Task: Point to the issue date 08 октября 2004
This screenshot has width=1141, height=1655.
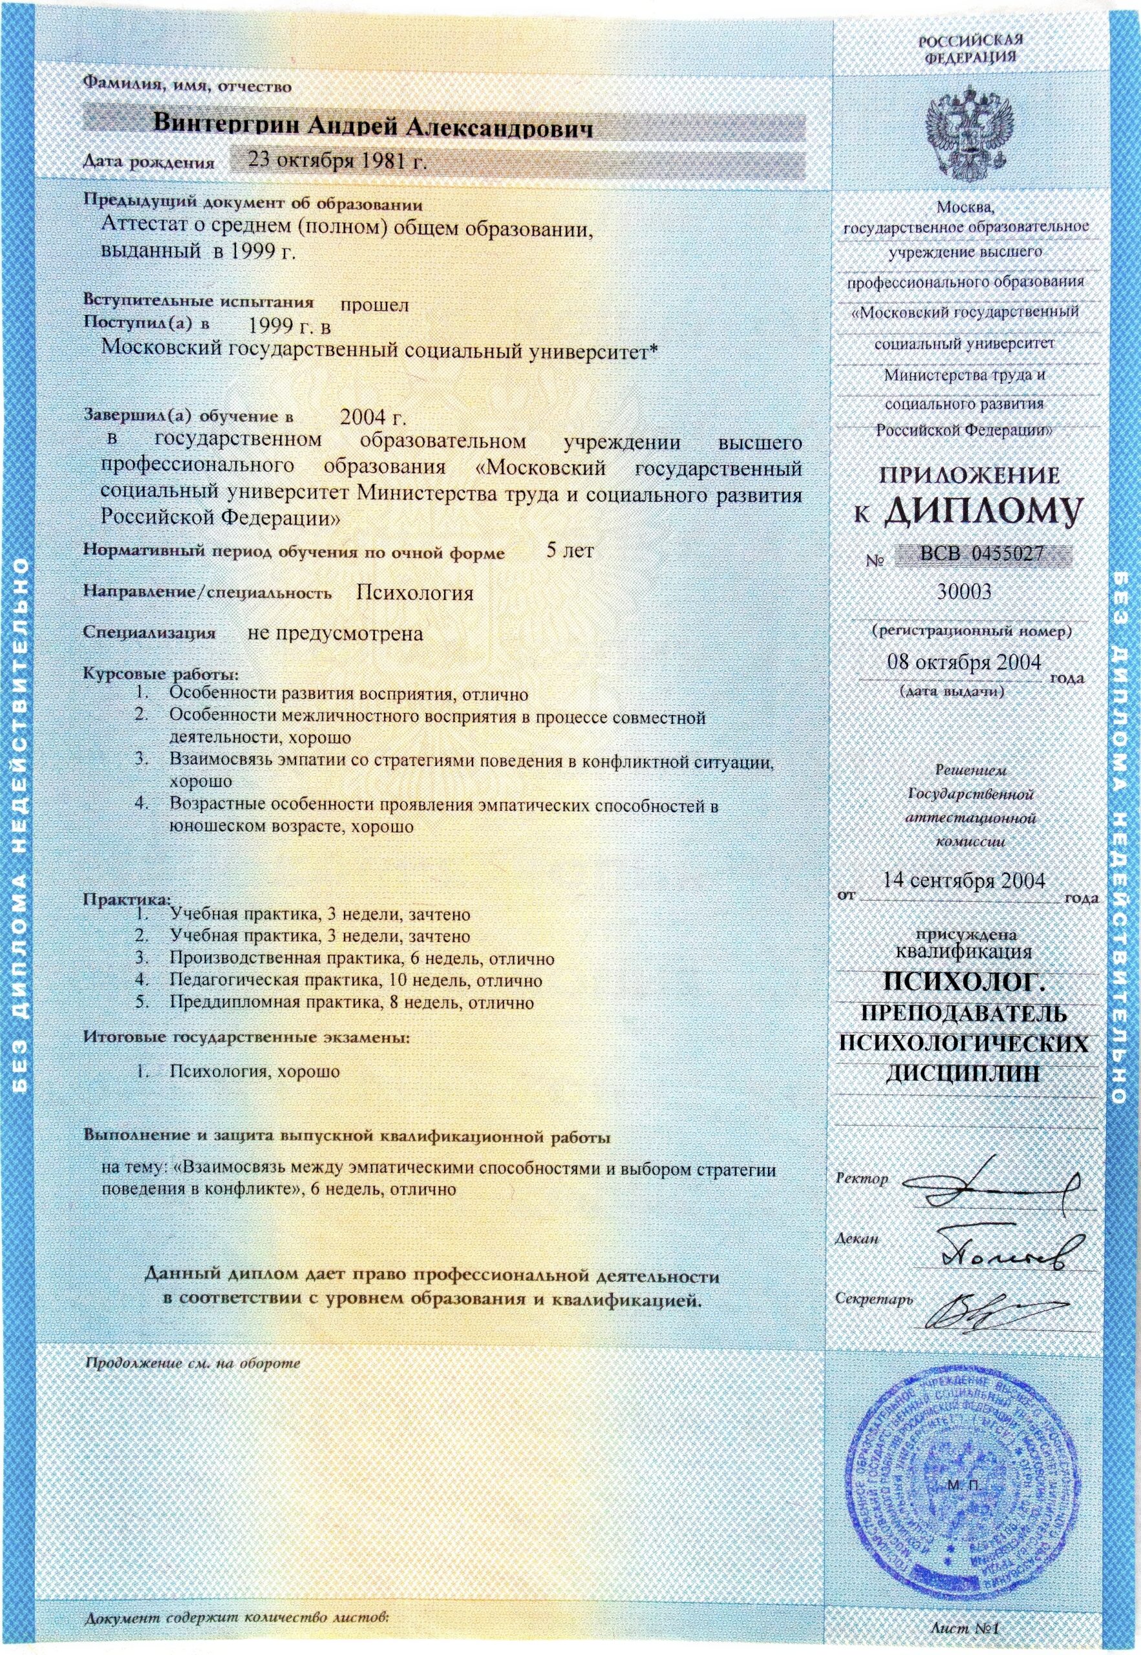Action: tap(963, 661)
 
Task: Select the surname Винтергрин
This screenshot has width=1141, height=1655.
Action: tap(229, 123)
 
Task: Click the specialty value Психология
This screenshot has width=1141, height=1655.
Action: tap(414, 593)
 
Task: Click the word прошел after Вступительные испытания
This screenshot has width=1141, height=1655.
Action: tap(374, 305)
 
